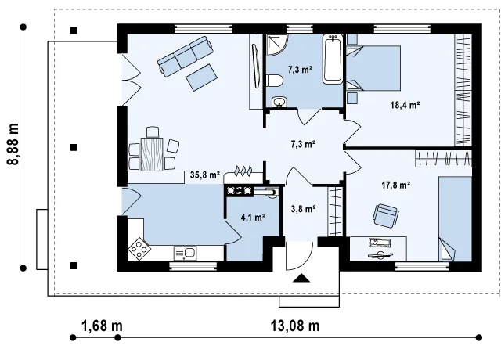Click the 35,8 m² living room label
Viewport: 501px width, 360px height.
coord(205,175)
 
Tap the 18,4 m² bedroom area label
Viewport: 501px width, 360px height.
coord(405,105)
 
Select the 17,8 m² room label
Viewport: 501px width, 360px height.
coord(396,185)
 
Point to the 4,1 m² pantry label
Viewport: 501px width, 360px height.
coord(253,218)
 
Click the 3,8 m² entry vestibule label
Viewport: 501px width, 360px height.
coord(304,209)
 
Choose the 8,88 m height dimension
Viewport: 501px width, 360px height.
coord(13,143)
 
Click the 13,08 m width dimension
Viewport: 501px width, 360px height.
coord(295,326)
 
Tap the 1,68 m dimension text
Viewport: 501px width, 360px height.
coord(102,326)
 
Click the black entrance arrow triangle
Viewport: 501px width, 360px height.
coord(301,279)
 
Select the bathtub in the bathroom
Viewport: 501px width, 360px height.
coord(333,59)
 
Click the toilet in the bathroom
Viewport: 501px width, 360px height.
coord(274,81)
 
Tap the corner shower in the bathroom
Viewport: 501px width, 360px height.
coord(277,45)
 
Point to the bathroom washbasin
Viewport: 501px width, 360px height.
coord(279,103)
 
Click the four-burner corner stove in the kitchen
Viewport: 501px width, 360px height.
coord(139,249)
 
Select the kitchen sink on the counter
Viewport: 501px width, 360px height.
coord(185,254)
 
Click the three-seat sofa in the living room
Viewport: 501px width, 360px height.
coord(186,56)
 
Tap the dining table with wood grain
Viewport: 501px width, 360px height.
coord(152,153)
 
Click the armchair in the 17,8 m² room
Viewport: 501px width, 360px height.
coord(386,216)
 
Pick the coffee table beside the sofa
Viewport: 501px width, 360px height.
coord(202,77)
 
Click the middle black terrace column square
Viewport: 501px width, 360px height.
coord(74,148)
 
